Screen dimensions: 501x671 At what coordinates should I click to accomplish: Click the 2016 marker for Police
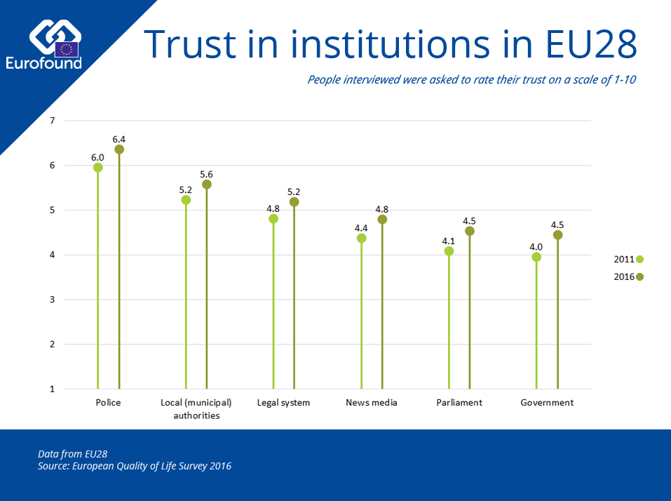point(119,149)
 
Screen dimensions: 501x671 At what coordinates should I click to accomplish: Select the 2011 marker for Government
point(536,257)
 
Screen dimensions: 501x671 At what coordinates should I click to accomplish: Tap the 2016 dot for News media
point(382,220)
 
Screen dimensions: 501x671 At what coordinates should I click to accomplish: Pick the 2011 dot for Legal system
point(273,219)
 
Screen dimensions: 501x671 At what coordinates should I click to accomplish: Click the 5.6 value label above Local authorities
point(206,174)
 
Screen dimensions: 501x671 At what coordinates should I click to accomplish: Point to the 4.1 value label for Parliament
point(449,241)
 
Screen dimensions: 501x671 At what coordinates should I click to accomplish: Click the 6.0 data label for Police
point(97,157)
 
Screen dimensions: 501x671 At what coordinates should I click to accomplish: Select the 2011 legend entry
point(628,260)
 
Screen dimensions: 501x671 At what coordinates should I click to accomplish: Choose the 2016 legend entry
point(628,276)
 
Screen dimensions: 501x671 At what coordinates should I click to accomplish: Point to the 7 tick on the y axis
point(52,121)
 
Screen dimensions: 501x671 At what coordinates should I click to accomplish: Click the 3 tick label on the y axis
point(52,300)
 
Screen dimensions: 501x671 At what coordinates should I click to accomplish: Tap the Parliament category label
point(459,403)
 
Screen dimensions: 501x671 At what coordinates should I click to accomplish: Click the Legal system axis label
point(283,403)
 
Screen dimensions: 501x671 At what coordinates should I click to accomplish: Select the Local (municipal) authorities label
point(196,408)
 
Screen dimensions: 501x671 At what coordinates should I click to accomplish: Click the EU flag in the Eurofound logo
point(67,49)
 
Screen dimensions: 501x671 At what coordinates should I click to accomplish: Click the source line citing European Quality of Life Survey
point(135,466)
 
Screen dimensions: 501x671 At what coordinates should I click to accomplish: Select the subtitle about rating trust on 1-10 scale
point(471,79)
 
